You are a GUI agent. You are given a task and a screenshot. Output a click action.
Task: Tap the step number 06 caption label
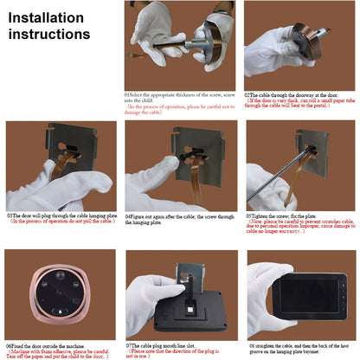10,344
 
